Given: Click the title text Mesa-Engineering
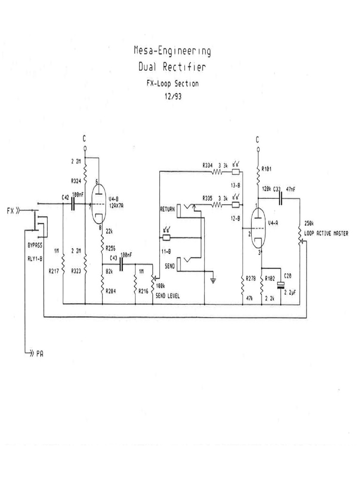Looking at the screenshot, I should [x=172, y=51].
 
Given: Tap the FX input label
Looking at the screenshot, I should [x=11, y=211].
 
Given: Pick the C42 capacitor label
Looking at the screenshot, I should [x=65, y=198].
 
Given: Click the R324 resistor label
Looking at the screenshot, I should [x=75, y=180].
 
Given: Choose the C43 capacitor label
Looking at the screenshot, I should [x=113, y=259].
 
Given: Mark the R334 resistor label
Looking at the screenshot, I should [x=208, y=165].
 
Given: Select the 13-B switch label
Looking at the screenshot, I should [x=235, y=185].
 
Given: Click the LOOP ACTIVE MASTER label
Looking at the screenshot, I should [x=326, y=233].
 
